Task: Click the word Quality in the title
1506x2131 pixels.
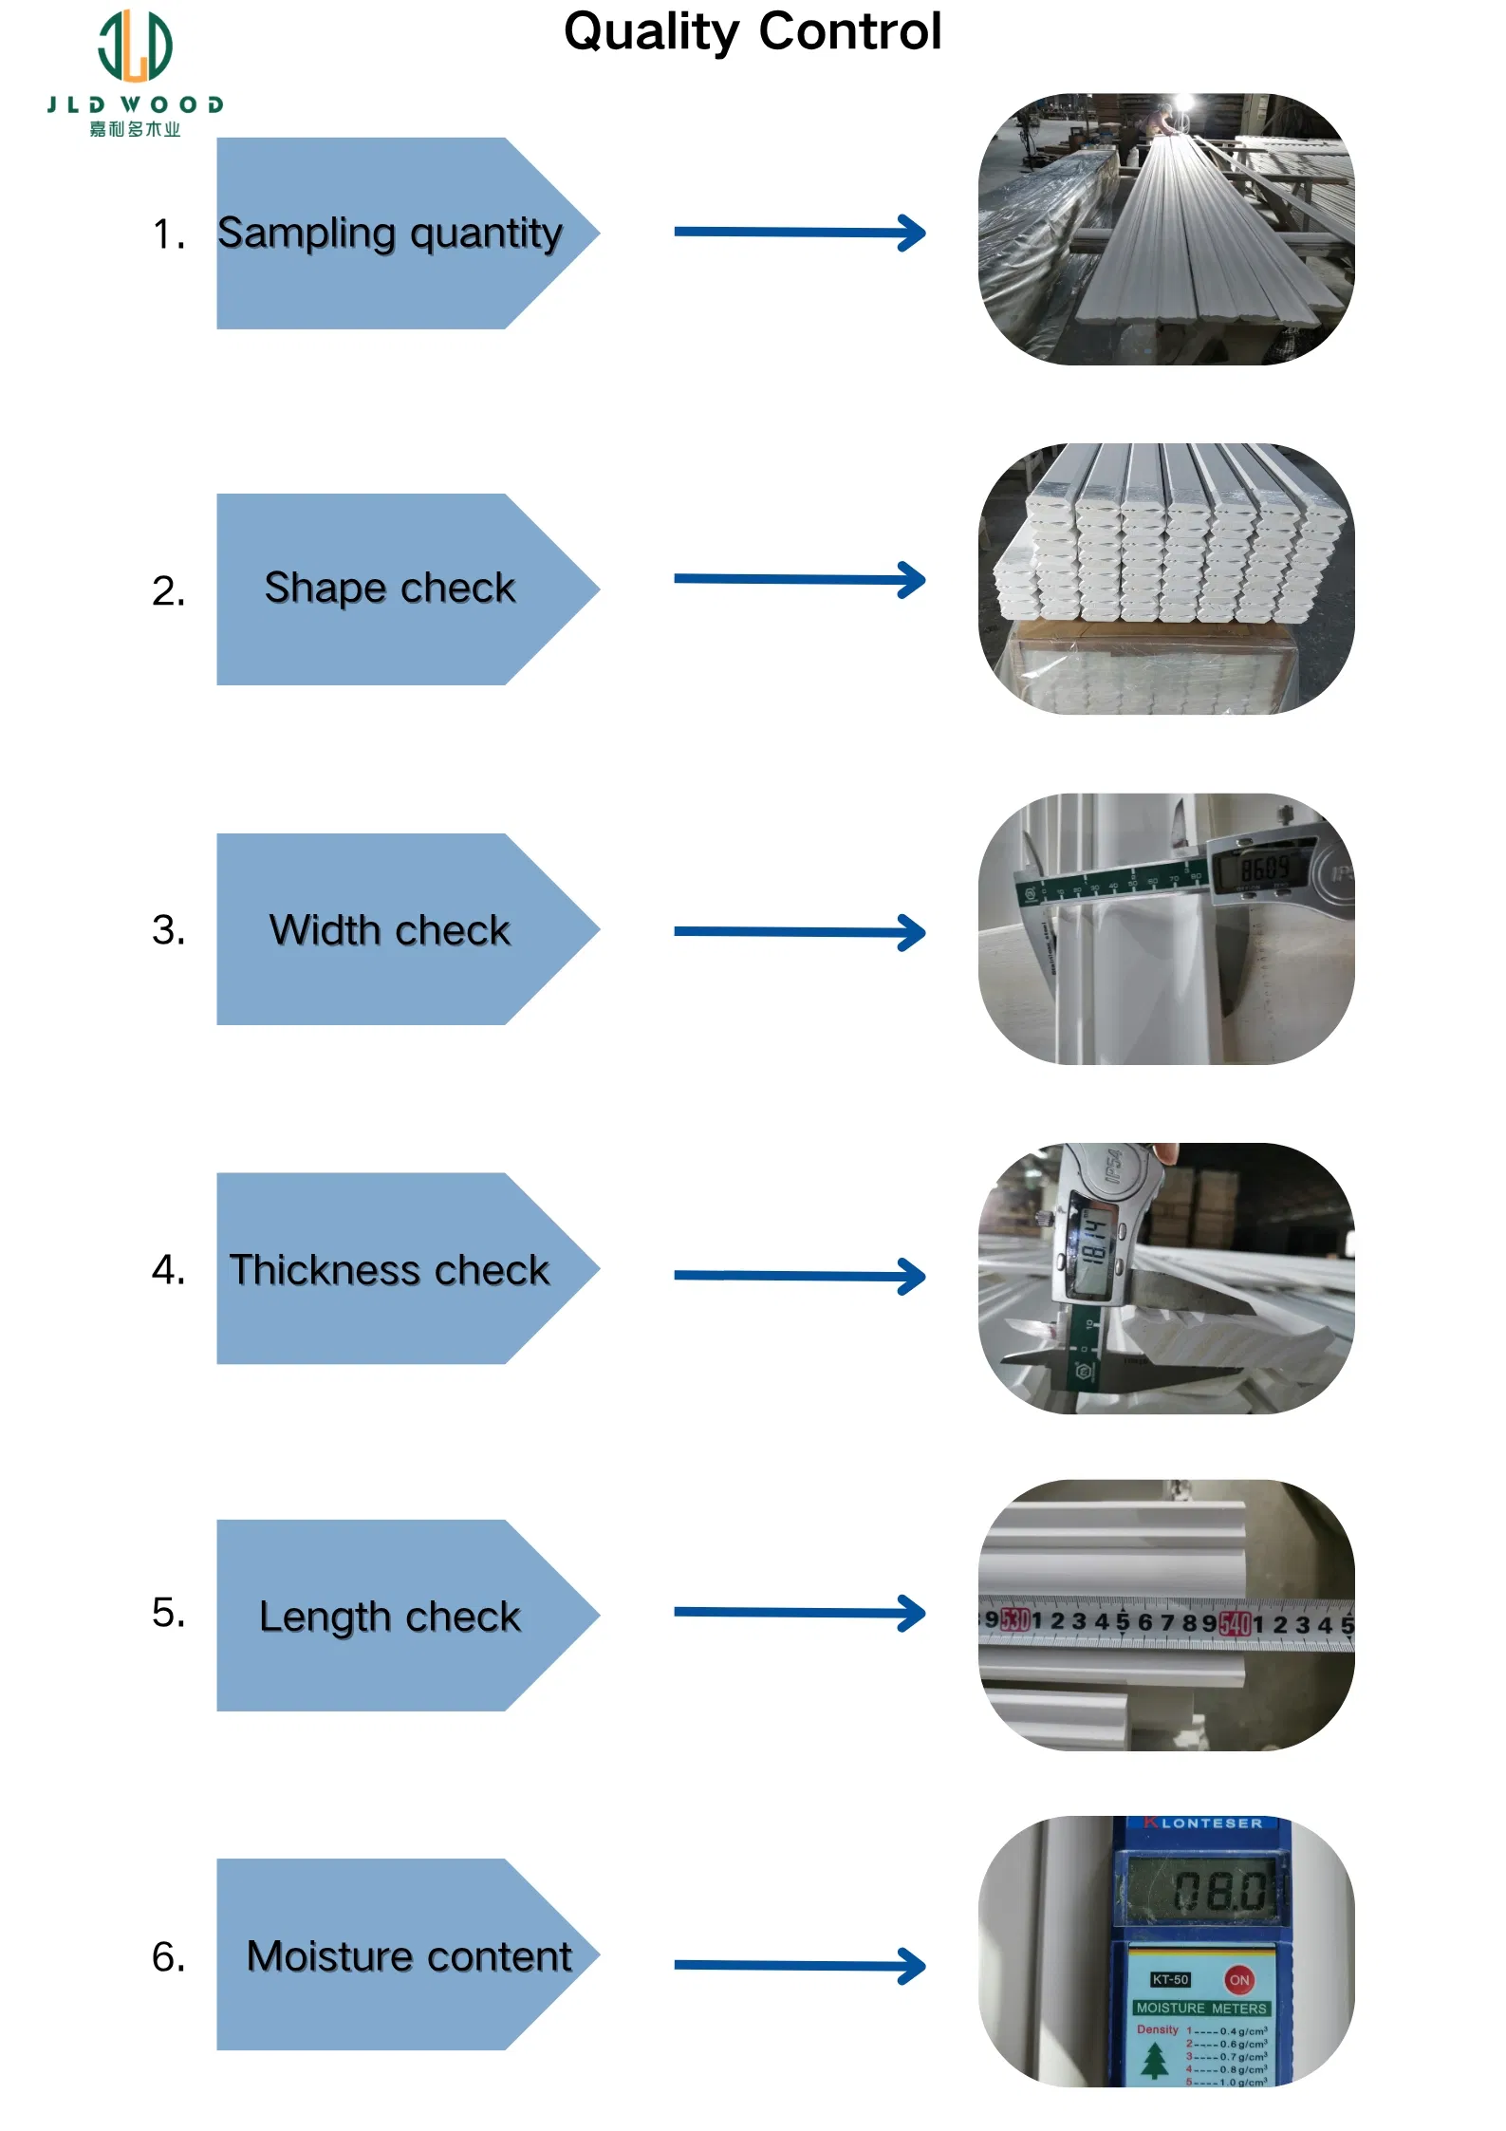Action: pos(650,31)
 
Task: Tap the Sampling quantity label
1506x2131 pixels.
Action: pos(389,234)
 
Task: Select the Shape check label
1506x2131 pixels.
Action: pos(389,589)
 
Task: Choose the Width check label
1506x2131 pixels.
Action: pos(389,930)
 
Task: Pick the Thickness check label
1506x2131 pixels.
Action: pos(389,1270)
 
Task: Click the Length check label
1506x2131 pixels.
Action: pos(389,1617)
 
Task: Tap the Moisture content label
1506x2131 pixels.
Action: pos(408,1956)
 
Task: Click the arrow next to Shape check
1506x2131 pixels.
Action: pos(799,579)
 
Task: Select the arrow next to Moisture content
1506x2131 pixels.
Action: pos(799,1966)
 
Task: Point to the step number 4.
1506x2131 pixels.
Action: pos(168,1270)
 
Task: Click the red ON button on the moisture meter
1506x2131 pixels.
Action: pos(1238,1980)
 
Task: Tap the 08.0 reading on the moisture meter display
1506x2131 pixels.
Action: pos(1219,1892)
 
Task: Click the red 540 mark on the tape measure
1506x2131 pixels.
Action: pos(1235,1624)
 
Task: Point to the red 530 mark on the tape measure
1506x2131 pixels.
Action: pos(1014,1619)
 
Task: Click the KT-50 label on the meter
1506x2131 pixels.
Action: pos(1170,1980)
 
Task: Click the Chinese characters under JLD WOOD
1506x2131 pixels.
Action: pos(135,129)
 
